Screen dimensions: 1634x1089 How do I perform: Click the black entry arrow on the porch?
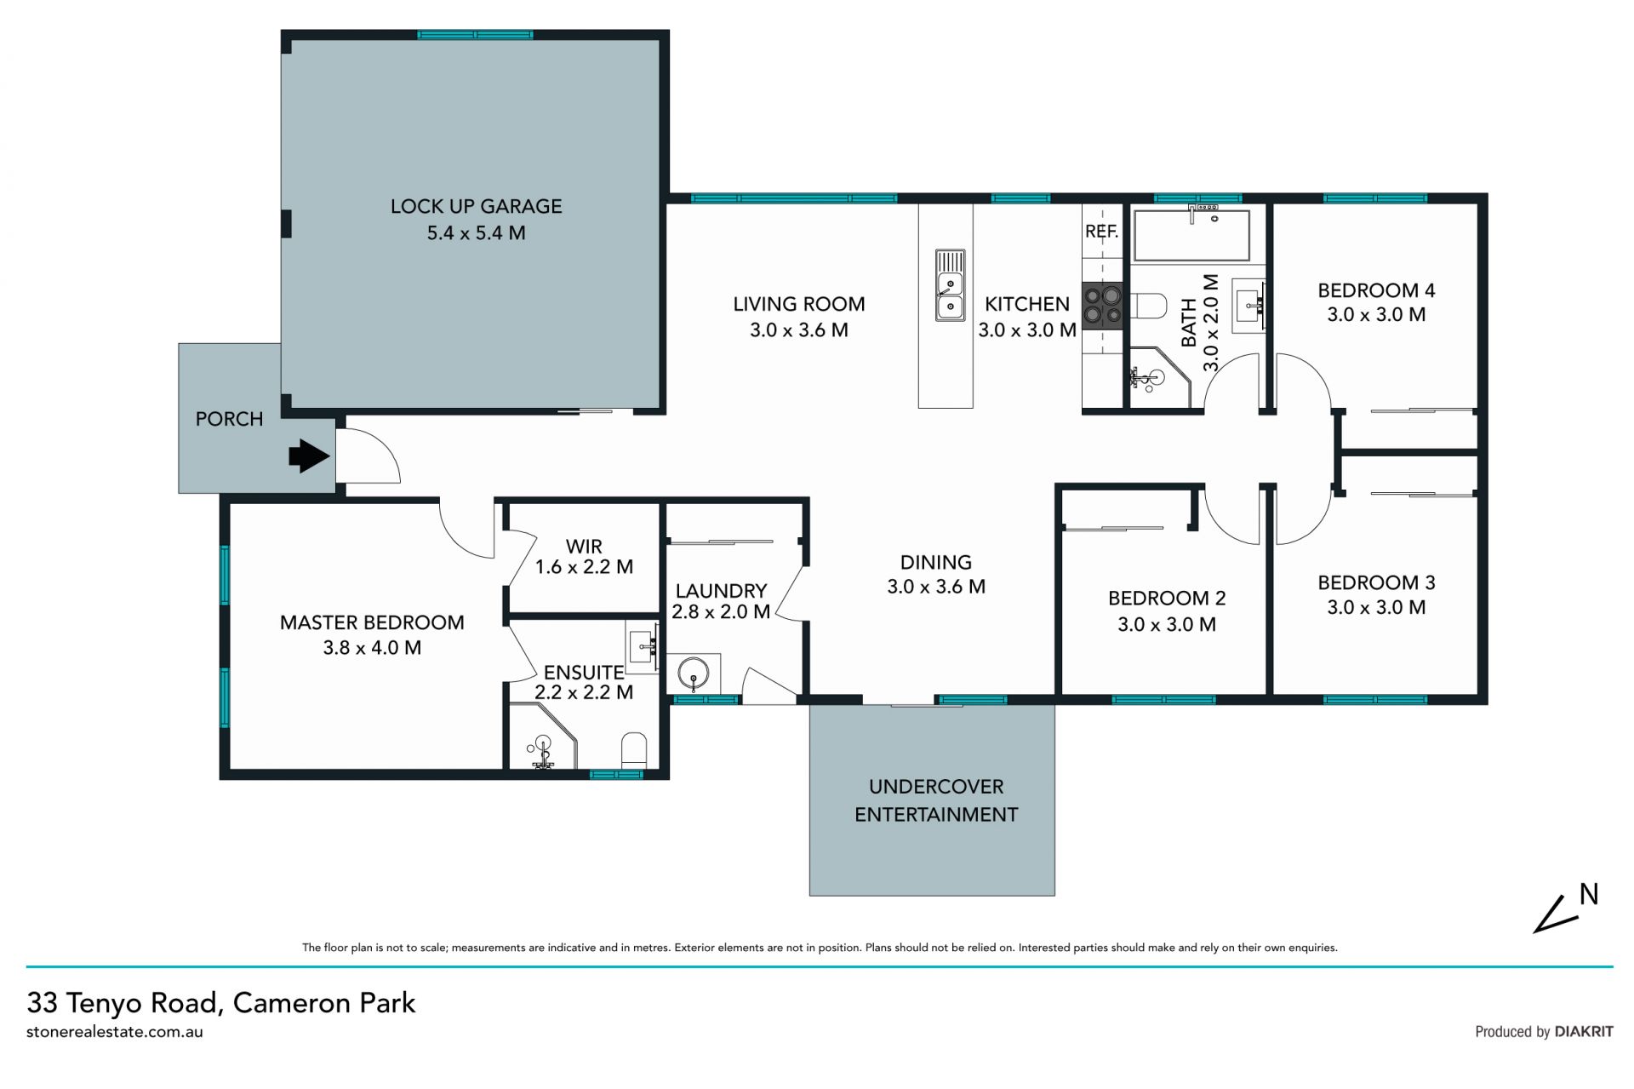(310, 456)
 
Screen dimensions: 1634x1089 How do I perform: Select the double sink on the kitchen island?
(950, 285)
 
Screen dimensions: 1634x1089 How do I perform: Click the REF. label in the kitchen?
(1101, 232)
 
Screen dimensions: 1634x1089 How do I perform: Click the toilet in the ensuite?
(635, 750)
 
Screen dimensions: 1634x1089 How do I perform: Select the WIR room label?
(584, 546)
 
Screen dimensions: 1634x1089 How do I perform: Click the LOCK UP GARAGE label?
(476, 206)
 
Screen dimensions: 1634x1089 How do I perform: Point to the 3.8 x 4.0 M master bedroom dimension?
(372, 648)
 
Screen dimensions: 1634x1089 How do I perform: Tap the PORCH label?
(229, 419)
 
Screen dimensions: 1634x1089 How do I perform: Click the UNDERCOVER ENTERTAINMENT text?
(936, 800)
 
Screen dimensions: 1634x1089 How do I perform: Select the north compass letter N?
(1589, 894)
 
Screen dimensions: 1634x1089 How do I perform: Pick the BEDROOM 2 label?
(1167, 599)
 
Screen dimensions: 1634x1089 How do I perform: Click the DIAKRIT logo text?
(1584, 1031)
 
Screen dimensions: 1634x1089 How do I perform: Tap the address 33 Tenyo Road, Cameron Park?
(221, 1003)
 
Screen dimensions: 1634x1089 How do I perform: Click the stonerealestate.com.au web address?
(115, 1032)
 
